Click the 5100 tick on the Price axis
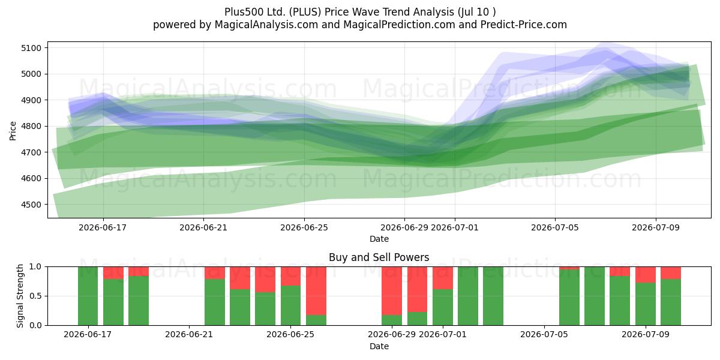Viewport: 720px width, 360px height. (31, 48)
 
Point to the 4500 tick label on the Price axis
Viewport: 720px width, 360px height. (31, 205)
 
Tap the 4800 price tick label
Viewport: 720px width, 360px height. (31, 127)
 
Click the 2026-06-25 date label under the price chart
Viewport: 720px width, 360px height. (304, 227)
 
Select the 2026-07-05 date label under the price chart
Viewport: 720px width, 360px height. (555, 227)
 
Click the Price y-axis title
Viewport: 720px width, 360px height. (13, 131)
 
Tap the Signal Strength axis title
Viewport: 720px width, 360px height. (20, 296)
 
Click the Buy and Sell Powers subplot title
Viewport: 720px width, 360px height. (379, 257)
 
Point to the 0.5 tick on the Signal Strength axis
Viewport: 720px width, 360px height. (35, 296)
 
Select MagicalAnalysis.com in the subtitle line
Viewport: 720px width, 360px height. (266, 25)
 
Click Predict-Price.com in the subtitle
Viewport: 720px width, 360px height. (524, 25)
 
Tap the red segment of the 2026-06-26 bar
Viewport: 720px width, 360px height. (316, 291)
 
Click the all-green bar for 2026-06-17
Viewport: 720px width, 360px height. (88, 296)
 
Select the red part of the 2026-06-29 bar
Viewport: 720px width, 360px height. (392, 291)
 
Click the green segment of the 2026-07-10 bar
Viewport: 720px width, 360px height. (671, 302)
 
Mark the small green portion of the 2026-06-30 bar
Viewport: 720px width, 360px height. (417, 319)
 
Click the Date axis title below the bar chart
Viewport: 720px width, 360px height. (379, 346)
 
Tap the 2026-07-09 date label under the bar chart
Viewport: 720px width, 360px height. (646, 335)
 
